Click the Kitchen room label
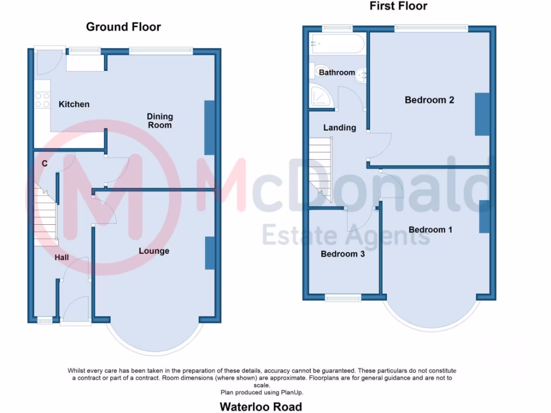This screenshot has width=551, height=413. [x=74, y=104]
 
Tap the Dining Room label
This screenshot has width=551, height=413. [x=160, y=120]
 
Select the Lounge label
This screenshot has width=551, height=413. [x=154, y=251]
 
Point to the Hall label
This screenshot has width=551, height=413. [x=62, y=258]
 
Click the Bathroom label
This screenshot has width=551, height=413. [x=337, y=73]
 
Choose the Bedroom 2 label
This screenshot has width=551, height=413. [x=429, y=100]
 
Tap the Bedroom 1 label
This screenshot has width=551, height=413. [x=430, y=230]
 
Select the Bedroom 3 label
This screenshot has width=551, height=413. [x=343, y=254]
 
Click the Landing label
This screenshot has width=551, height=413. [x=340, y=128]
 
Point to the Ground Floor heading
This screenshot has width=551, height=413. [x=123, y=27]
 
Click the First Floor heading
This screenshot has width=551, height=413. [x=398, y=6]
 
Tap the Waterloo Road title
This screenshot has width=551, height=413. [x=261, y=407]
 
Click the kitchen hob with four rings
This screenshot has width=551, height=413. [x=41, y=100]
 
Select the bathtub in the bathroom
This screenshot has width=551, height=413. [x=338, y=44]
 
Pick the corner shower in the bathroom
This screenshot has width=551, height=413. [x=322, y=96]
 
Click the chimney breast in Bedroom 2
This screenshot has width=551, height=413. [x=482, y=114]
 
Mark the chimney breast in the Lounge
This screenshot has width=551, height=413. [x=210, y=253]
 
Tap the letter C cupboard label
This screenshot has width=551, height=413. [x=44, y=163]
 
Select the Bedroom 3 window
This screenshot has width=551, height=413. [x=343, y=297]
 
